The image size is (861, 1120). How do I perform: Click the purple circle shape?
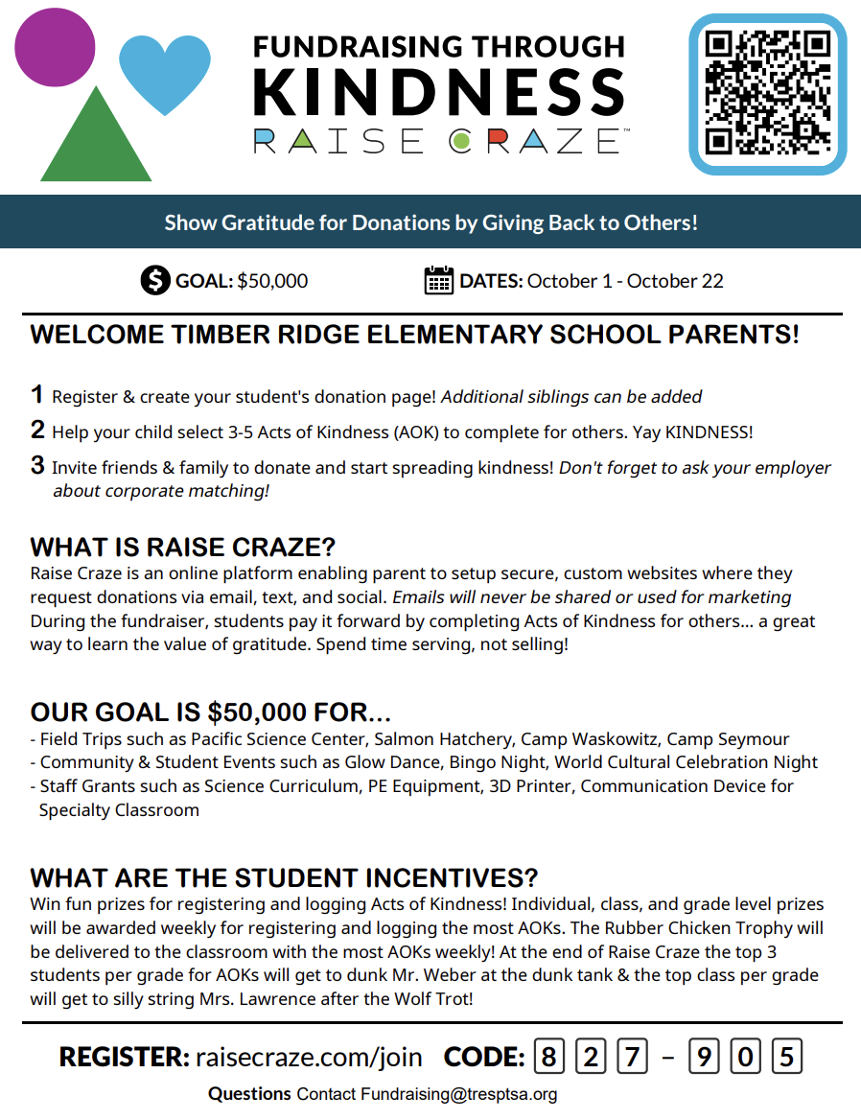coord(55,47)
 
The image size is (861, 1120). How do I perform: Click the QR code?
coord(767,94)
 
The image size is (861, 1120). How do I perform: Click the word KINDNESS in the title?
coord(439,93)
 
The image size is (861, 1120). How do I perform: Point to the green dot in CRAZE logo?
coord(460,142)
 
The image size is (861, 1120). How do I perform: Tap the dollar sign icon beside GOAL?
coord(154,281)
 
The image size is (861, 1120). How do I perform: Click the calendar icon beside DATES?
coord(438,281)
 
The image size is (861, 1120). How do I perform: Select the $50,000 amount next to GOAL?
coord(272,281)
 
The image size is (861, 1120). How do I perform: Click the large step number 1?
coord(37,394)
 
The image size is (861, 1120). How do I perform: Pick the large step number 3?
coord(37,466)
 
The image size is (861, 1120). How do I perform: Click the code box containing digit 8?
coord(548,1057)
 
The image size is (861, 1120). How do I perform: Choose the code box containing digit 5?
coord(786,1057)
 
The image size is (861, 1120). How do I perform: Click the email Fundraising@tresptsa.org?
coord(458,1094)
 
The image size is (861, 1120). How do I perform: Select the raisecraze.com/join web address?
coord(309,1057)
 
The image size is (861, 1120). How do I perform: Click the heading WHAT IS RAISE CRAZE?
coord(183,548)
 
